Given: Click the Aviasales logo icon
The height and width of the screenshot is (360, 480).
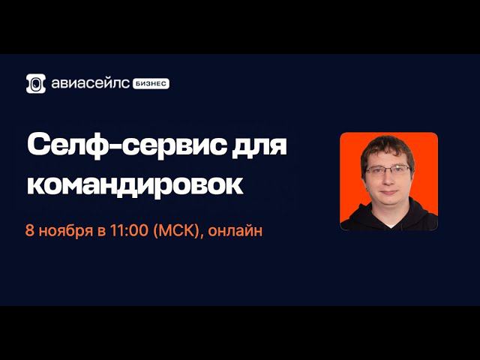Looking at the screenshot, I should tap(36, 83).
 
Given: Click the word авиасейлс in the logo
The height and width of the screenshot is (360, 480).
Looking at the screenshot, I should tap(90, 84).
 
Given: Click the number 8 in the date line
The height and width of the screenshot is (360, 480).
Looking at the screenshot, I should tap(29, 231).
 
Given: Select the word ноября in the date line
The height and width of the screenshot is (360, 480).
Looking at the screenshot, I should tap(65, 231).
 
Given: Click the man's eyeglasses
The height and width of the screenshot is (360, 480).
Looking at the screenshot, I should tap(388, 170).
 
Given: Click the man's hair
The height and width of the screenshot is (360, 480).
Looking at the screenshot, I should tap(386, 147).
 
